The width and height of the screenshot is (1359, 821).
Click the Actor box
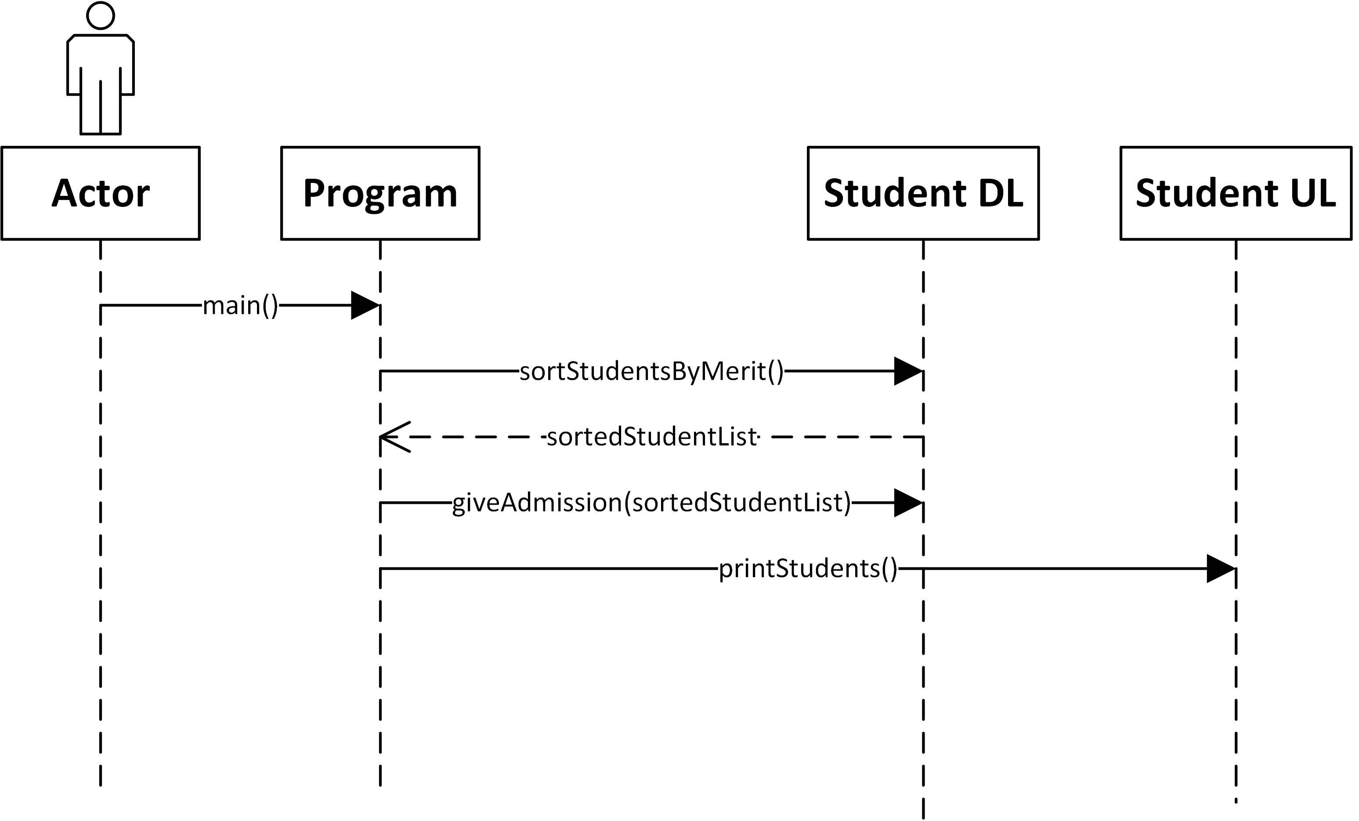click(x=101, y=193)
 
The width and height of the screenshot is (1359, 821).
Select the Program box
click(x=380, y=193)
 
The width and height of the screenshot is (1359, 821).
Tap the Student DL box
click(x=923, y=193)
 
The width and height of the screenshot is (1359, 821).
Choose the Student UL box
click(x=1236, y=193)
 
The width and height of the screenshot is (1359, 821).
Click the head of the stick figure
click(x=101, y=15)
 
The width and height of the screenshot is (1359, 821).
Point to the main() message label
click(x=240, y=305)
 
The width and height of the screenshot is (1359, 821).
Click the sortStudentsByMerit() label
click(x=651, y=371)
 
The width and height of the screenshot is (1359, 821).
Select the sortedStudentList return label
click(x=651, y=437)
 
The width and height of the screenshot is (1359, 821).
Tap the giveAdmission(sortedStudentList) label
click(x=651, y=503)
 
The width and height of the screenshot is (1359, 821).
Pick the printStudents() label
click(x=808, y=568)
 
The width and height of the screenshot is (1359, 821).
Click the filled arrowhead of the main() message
click(x=364, y=305)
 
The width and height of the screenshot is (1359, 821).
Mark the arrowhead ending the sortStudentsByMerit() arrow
click(x=907, y=371)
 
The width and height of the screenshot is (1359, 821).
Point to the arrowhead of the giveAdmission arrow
click(x=907, y=503)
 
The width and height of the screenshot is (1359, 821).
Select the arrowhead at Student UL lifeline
click(x=1220, y=568)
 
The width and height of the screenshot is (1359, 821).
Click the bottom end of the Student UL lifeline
click(x=1236, y=800)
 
